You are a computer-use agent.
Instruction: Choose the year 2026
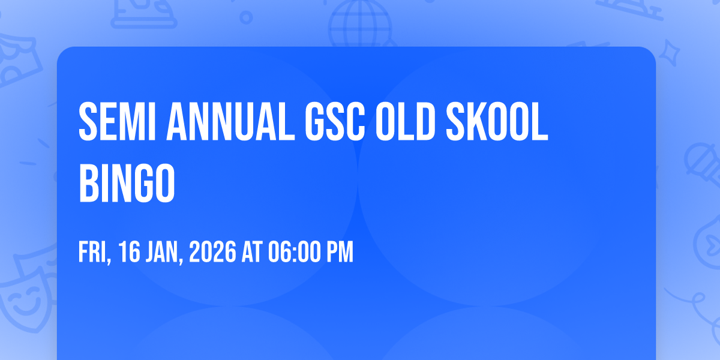click(212, 253)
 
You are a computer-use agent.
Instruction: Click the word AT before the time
click(252, 253)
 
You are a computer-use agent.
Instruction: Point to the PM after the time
click(340, 253)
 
